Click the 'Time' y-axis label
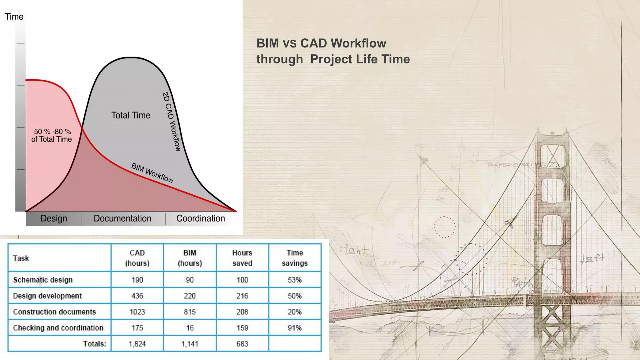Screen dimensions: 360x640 [14, 17]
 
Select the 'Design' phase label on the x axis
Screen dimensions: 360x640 [54, 218]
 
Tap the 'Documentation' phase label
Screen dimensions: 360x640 [122, 218]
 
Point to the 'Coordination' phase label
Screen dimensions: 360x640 [201, 218]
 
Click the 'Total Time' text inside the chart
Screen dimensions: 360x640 [131, 115]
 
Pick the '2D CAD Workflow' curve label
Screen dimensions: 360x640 [172, 122]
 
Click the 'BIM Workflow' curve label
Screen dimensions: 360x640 [152, 173]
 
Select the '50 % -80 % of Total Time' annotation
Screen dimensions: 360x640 [52, 136]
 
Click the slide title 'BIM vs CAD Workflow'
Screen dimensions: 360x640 [321, 43]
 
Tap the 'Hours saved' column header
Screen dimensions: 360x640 [242, 258]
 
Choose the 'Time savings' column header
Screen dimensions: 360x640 [295, 258]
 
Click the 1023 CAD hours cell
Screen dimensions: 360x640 [137, 312]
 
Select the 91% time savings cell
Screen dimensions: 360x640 [295, 328]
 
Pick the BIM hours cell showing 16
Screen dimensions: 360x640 [190, 328]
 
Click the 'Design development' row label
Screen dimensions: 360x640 [47, 296]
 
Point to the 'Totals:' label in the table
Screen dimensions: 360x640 [95, 344]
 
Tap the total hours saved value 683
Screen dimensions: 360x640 [242, 344]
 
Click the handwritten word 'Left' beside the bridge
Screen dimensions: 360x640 [592, 258]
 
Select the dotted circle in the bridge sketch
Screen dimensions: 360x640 [445, 227]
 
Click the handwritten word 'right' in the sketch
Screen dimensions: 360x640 [354, 250]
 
